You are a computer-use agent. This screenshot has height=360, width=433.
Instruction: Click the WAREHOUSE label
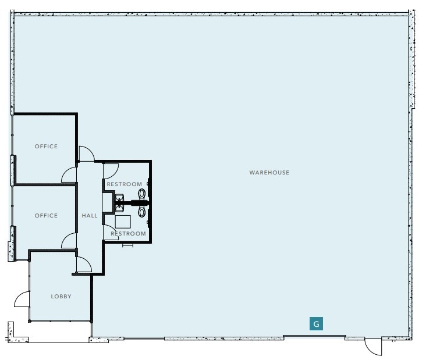[269, 173]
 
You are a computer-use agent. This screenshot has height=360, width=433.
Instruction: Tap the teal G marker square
[315, 324]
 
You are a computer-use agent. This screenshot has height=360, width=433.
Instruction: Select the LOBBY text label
[61, 296]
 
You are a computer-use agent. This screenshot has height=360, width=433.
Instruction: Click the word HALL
[90, 215]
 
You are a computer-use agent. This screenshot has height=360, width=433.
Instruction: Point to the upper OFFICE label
[46, 147]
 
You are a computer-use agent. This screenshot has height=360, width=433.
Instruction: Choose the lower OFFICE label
[46, 215]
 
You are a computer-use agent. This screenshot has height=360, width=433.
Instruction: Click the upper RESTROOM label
[124, 184]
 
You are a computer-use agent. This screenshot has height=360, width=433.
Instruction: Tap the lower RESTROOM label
[128, 234]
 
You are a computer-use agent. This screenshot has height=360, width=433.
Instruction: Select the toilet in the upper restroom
[140, 194]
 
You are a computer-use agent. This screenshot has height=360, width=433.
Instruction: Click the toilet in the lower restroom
[140, 212]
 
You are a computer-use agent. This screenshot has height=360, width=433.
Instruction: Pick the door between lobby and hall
[83, 265]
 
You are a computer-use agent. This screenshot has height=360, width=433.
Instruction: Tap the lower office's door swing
[70, 241]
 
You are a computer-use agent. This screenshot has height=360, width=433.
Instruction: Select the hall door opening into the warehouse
[86, 154]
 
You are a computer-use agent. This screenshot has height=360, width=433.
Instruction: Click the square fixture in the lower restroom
[123, 221]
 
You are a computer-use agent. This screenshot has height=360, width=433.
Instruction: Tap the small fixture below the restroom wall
[127, 245]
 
